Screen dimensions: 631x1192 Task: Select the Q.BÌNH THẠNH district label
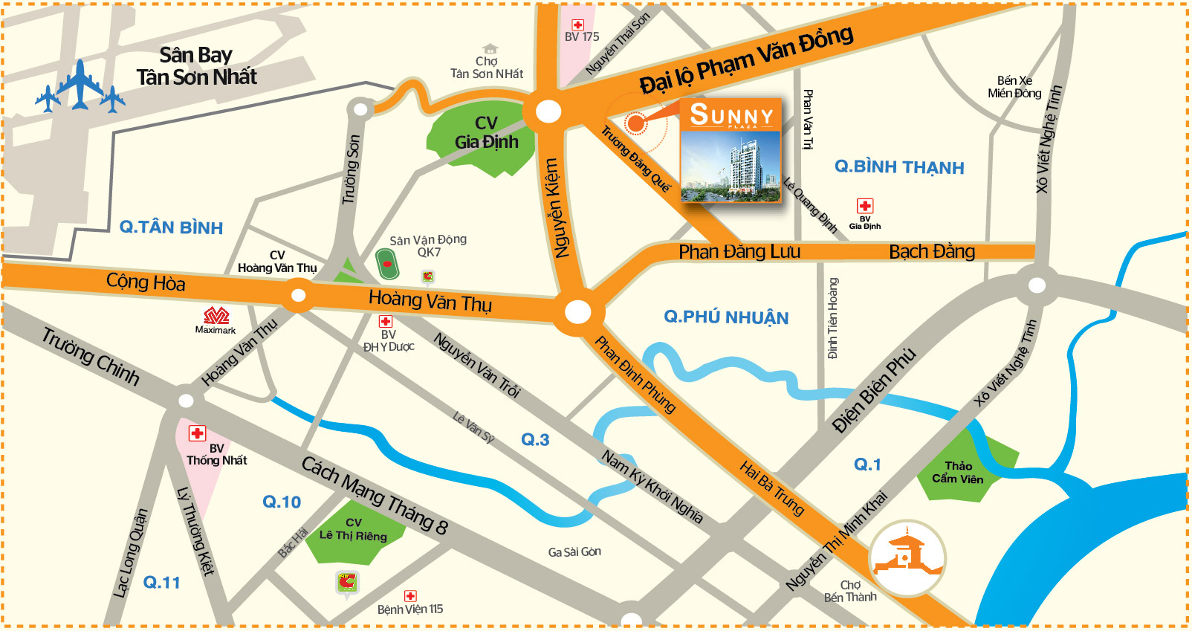(898, 167)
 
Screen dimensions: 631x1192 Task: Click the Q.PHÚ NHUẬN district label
(726, 317)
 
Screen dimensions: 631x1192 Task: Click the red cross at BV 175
(577, 25)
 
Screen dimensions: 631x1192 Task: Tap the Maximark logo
(216, 315)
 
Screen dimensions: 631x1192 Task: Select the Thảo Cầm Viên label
(958, 473)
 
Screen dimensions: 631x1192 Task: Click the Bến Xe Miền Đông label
(1014, 87)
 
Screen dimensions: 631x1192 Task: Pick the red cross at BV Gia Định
(865, 206)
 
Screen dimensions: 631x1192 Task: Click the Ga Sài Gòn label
(574, 552)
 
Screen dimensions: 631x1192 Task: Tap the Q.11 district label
(162, 583)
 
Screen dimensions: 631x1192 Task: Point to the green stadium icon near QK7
(386, 264)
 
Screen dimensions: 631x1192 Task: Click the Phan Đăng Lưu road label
(739, 252)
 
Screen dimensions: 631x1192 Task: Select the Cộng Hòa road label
(146, 282)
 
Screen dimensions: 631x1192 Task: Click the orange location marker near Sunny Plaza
(635, 123)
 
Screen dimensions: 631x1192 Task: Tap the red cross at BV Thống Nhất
(197, 433)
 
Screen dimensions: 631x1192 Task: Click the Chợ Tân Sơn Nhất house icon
(489, 49)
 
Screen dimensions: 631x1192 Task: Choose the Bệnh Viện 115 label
(409, 609)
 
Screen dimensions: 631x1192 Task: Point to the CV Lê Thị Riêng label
(353, 530)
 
